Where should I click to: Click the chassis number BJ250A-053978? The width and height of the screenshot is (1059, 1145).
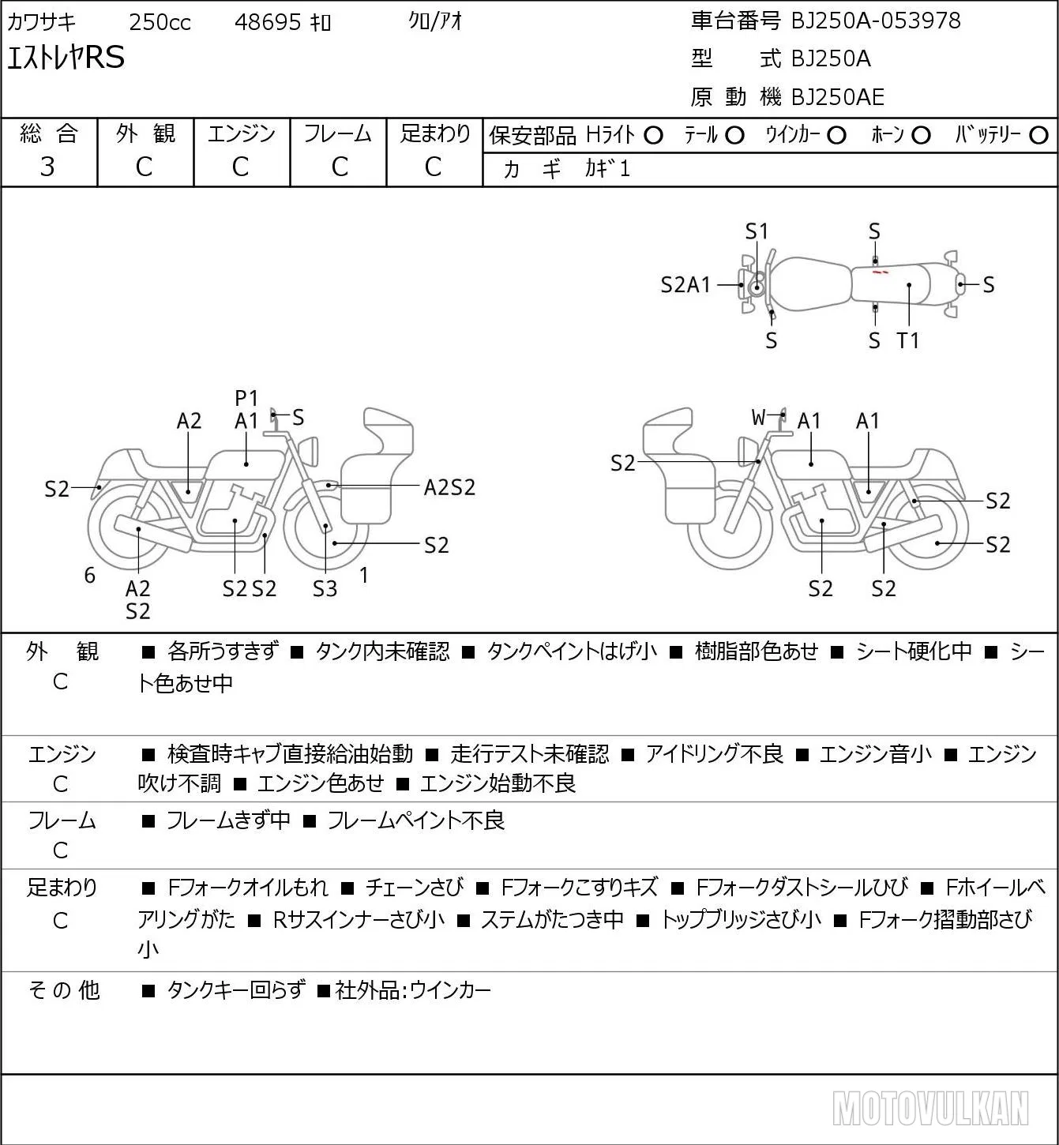pyautogui.click(x=876, y=21)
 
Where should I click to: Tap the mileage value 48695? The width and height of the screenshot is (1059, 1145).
pyautogui.click(x=268, y=22)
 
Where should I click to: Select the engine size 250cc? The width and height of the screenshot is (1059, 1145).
pyautogui.click(x=160, y=22)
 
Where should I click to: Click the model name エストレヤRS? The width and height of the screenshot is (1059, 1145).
pyautogui.click(x=66, y=58)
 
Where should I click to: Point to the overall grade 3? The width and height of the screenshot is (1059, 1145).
pyautogui.click(x=47, y=167)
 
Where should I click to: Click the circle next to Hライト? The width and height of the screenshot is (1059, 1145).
pyautogui.click(x=653, y=136)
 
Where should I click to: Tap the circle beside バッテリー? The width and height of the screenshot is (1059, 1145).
pyautogui.click(x=1038, y=136)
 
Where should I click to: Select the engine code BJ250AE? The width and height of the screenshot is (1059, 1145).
pyautogui.click(x=838, y=97)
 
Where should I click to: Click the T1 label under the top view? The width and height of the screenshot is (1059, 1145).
pyautogui.click(x=908, y=340)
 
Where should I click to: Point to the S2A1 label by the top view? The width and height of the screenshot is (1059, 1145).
pyautogui.click(x=685, y=285)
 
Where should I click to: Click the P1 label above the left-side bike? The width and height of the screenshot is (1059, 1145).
pyautogui.click(x=246, y=398)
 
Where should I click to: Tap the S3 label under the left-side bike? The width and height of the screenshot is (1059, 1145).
pyautogui.click(x=325, y=588)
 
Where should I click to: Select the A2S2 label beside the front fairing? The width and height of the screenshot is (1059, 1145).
pyautogui.click(x=449, y=488)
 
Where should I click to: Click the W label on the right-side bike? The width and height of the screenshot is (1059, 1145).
pyautogui.click(x=758, y=417)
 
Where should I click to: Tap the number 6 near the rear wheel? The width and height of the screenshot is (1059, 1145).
pyautogui.click(x=89, y=575)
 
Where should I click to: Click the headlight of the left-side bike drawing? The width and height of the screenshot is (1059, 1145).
pyautogui.click(x=309, y=452)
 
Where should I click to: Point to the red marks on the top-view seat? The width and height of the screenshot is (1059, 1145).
pyautogui.click(x=880, y=272)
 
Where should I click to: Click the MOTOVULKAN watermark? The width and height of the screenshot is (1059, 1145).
pyautogui.click(x=930, y=1108)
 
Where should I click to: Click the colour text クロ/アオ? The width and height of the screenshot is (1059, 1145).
pyautogui.click(x=435, y=21)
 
